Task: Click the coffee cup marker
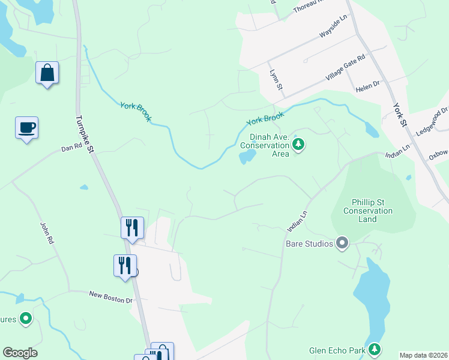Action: click(x=26, y=128)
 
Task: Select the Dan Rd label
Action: click(x=71, y=146)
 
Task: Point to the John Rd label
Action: click(x=47, y=232)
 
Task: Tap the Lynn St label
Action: click(x=276, y=80)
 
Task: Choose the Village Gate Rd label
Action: click(x=345, y=68)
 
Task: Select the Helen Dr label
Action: click(x=367, y=85)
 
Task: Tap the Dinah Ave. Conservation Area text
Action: click(x=265, y=145)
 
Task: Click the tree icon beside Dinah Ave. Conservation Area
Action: click(x=299, y=144)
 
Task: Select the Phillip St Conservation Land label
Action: click(x=367, y=211)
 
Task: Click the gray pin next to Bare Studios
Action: click(x=342, y=243)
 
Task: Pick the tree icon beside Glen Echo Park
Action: click(x=375, y=349)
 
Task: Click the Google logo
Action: click(x=20, y=353)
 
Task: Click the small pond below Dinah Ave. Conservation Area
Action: click(x=247, y=158)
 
